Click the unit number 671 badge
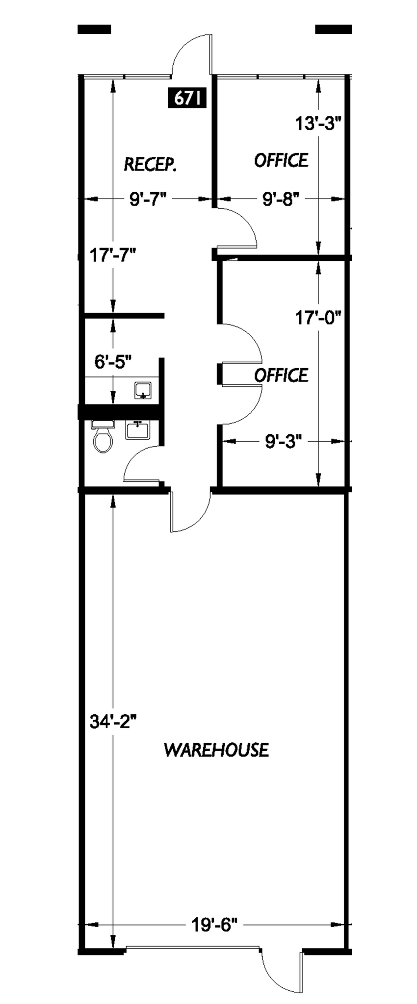(x=186, y=98)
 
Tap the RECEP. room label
(x=150, y=164)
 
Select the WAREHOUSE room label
(x=216, y=750)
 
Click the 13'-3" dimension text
(x=318, y=124)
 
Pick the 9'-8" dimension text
(x=281, y=199)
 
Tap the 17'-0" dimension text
(x=318, y=318)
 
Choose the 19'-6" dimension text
(x=214, y=924)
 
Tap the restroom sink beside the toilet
(x=138, y=430)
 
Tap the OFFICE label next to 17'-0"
(x=281, y=375)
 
